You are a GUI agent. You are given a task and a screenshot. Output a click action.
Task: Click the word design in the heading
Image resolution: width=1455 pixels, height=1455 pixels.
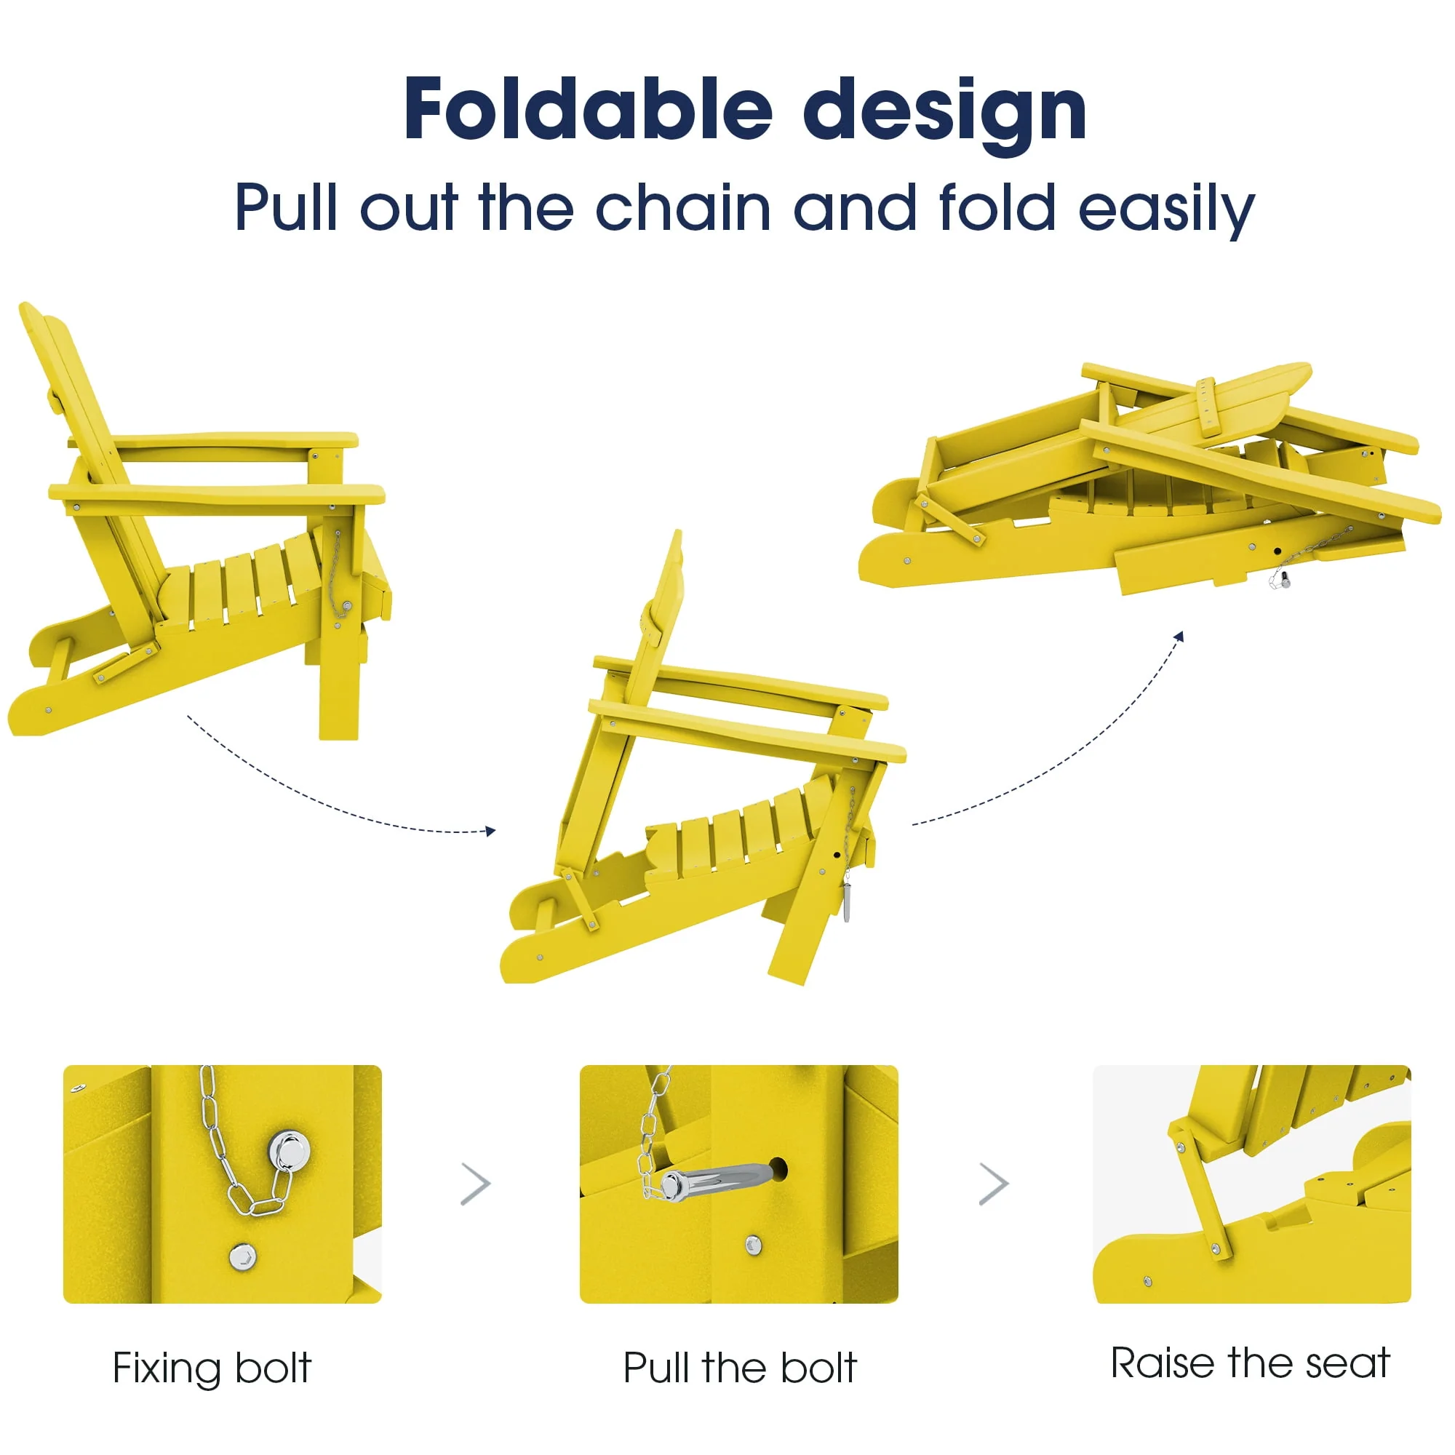[x=945, y=116]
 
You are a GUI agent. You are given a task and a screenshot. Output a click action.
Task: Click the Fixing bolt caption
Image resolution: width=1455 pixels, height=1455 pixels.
[x=212, y=1368]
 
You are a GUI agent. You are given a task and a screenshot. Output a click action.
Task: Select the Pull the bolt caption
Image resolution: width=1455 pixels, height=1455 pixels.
[x=740, y=1368]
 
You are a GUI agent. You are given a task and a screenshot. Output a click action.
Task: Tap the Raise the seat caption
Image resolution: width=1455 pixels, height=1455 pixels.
[x=1250, y=1363]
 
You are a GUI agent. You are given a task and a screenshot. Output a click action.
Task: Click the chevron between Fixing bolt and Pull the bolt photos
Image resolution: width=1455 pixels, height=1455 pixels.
[x=476, y=1184]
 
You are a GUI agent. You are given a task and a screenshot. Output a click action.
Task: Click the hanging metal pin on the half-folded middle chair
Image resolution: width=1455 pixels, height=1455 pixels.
[x=848, y=902]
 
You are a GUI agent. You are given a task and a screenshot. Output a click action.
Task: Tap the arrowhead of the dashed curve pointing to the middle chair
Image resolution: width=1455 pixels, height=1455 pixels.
[x=491, y=832]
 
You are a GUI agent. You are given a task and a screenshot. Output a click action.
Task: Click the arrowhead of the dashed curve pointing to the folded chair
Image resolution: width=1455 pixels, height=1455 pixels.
[x=1179, y=637]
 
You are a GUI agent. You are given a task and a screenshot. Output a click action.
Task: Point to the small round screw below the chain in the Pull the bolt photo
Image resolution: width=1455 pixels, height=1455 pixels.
[x=753, y=1245]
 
